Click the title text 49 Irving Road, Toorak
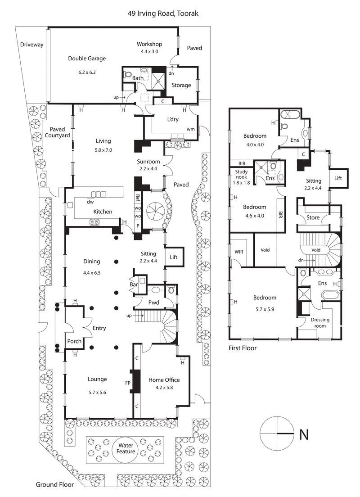[163, 14]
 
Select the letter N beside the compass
[304, 434]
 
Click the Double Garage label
[87, 58]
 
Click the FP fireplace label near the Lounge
[128, 384]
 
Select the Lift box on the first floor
[338, 178]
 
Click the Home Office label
[164, 380]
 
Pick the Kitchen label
[103, 212]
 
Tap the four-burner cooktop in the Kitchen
[95, 221]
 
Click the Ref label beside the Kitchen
[138, 197]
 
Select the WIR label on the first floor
[238, 251]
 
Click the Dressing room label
[320, 323]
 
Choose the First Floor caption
[242, 348]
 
